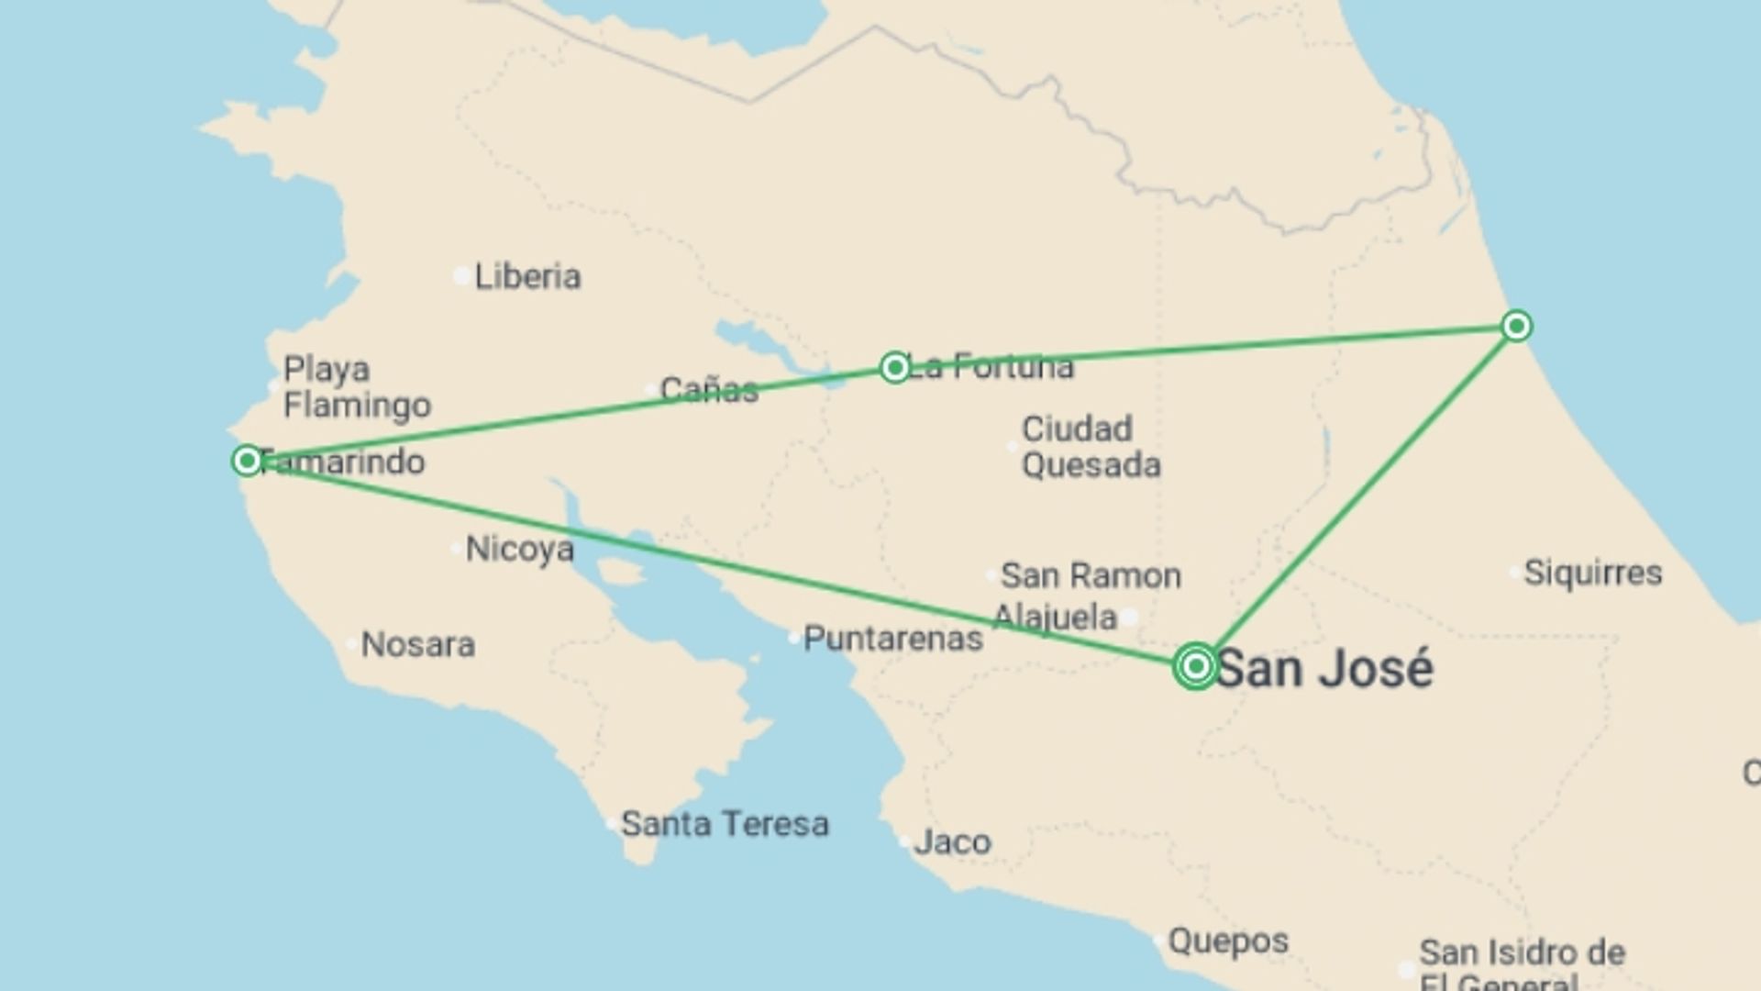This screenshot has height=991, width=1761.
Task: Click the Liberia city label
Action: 527,276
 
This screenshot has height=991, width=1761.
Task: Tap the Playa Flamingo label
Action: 357,387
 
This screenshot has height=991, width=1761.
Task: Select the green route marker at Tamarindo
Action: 247,460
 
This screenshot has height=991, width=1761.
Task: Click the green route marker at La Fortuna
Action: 894,368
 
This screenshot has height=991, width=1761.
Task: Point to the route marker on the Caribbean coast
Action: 1516,326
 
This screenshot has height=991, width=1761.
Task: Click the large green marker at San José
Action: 1195,666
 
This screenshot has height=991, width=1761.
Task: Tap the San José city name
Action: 1324,668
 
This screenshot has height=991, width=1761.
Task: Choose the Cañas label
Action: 709,390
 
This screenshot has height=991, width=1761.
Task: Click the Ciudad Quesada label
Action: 1091,447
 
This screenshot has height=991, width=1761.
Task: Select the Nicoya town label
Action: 519,550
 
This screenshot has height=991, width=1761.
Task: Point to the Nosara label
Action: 417,645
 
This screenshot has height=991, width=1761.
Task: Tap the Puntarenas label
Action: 892,639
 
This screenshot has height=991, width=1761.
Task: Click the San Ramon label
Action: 1091,576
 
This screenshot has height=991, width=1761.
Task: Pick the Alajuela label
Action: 1055,617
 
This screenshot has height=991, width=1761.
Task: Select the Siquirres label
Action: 1592,573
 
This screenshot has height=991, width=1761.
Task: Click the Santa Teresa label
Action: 725,824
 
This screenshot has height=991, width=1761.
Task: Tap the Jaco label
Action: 952,842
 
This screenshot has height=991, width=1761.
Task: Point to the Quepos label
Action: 1228,941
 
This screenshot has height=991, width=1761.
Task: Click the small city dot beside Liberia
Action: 461,275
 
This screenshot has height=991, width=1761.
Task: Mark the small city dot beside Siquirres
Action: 1514,573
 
